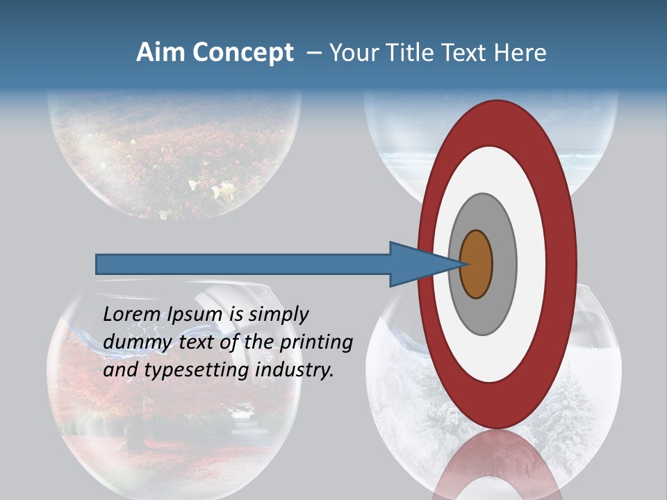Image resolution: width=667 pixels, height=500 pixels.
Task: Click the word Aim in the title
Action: tap(161, 53)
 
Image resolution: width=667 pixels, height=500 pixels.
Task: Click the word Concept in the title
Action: tap(242, 53)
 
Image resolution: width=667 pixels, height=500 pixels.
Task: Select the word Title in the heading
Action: tap(404, 53)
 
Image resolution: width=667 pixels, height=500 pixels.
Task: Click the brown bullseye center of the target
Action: tap(476, 265)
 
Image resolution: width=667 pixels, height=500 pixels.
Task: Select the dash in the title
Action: tap(313, 53)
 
